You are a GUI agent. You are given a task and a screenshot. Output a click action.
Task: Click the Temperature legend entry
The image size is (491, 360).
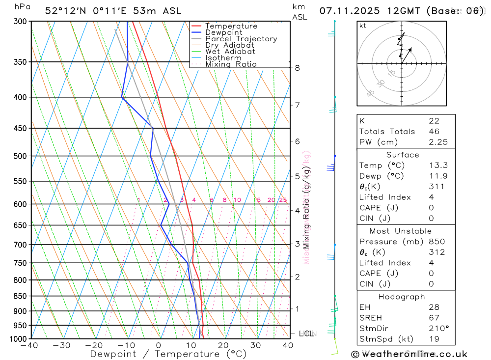pyautogui.click(x=231, y=26)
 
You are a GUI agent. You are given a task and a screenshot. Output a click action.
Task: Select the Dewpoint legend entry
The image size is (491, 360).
pyautogui.click(x=223, y=32)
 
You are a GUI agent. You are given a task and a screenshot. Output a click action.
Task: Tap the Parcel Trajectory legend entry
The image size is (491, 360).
pyautogui.click(x=241, y=39)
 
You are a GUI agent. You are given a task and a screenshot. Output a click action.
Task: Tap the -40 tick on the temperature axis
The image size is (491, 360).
pyautogui.click(x=29, y=346)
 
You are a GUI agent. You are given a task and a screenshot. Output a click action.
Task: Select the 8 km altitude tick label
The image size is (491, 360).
pyautogui.click(x=298, y=68)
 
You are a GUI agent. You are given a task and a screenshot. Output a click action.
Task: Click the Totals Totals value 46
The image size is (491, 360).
pyautogui.click(x=434, y=132)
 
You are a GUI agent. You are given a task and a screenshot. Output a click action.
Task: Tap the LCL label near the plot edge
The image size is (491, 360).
pyautogui.click(x=305, y=334)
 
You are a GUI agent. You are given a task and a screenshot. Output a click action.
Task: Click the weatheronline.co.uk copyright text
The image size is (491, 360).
pyautogui.click(x=409, y=354)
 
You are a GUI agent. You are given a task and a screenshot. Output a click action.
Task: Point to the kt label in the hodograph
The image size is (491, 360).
pyautogui.click(x=363, y=26)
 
